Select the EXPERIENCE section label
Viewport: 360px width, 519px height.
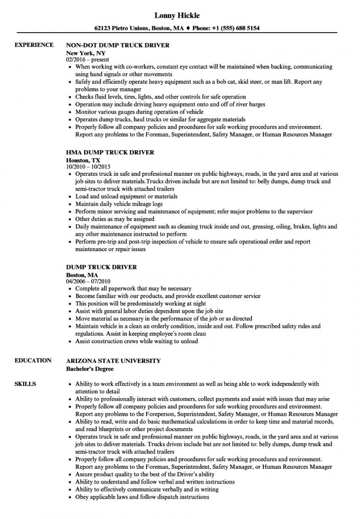click(x=34, y=45)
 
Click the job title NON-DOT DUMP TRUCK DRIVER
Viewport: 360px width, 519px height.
click(x=118, y=46)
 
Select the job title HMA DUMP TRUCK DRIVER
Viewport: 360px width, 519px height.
click(x=110, y=152)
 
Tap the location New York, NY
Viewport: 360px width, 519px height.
click(x=85, y=53)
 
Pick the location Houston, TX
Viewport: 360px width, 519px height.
click(x=83, y=159)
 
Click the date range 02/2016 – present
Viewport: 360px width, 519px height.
click(x=87, y=60)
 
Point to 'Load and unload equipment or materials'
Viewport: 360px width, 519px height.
click(x=127, y=196)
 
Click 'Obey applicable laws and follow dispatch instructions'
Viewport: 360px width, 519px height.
click(x=142, y=497)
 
